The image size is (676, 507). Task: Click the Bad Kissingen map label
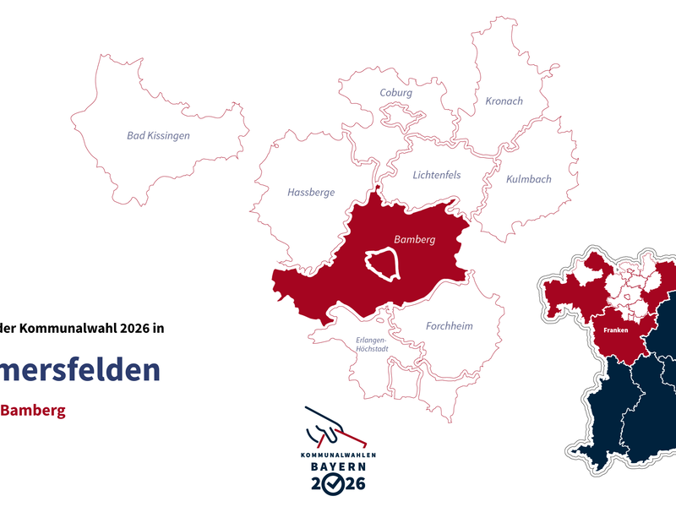pos(158,135)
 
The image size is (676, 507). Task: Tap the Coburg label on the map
pos(395,93)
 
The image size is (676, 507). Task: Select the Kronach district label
pos(504,101)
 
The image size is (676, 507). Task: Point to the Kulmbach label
pos(528,179)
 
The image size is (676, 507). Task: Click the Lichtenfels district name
pos(437,176)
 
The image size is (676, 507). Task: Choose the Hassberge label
pos(311,193)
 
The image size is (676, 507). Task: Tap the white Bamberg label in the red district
pos(414,240)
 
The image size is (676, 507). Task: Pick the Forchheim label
pos(449,326)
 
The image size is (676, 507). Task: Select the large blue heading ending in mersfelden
pos(80,369)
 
